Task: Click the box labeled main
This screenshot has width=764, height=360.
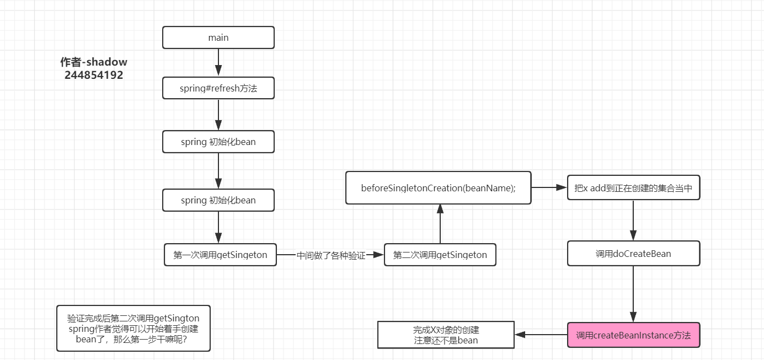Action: click(218, 37)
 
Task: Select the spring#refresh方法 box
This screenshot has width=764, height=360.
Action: click(218, 88)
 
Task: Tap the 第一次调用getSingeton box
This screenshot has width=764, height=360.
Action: click(220, 255)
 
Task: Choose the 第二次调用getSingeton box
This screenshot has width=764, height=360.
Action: click(440, 255)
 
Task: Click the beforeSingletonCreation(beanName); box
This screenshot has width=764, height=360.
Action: click(439, 188)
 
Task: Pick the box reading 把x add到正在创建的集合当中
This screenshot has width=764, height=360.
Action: click(633, 188)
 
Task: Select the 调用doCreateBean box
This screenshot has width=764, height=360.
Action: click(633, 254)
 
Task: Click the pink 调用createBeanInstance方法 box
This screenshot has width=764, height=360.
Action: click(633, 335)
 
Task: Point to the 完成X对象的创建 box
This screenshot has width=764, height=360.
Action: click(446, 335)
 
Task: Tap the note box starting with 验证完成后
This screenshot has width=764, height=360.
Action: click(133, 329)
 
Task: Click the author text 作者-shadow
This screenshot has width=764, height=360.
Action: click(94, 62)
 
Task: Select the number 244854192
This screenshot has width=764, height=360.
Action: click(94, 75)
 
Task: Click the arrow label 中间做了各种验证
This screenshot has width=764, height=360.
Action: click(331, 255)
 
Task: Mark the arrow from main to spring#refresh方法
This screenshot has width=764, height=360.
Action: click(218, 62)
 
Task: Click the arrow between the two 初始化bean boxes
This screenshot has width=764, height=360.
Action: click(218, 171)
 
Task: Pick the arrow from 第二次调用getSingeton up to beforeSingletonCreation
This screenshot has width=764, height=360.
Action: click(440, 223)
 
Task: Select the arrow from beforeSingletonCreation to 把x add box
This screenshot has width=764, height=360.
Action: click(549, 188)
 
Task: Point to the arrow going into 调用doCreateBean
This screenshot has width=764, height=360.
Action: click(633, 221)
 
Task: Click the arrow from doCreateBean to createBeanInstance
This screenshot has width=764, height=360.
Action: click(633, 294)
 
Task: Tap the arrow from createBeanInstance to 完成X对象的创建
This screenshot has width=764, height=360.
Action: click(541, 335)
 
